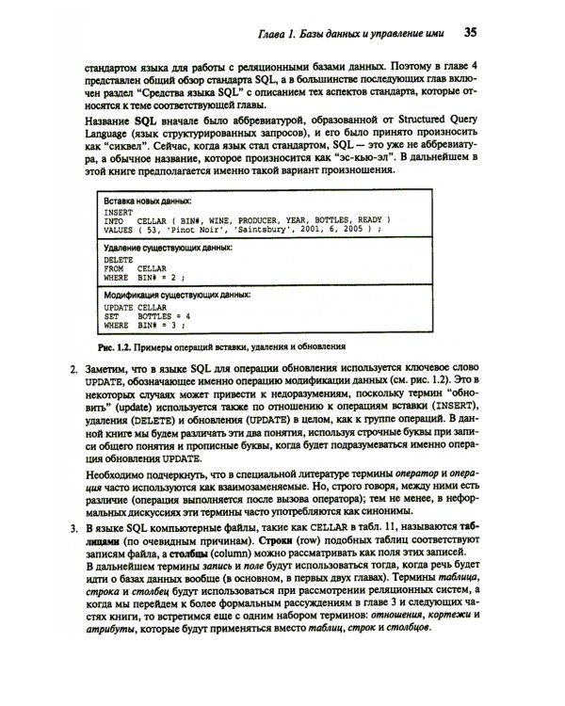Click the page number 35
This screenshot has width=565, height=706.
point(473,34)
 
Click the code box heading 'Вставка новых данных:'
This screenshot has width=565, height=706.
point(148,201)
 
